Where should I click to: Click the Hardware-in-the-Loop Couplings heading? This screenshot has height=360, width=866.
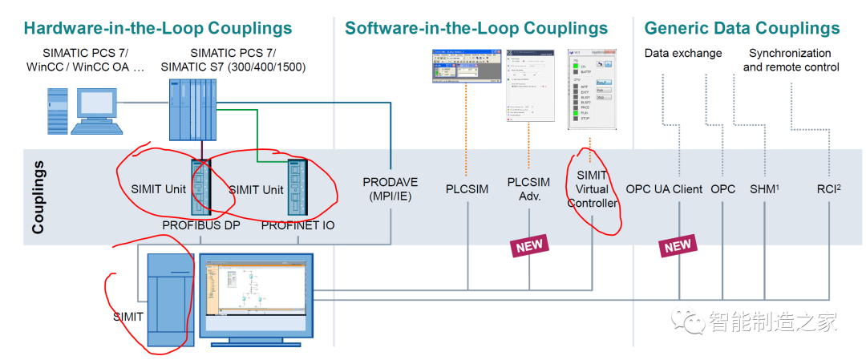pos(158,29)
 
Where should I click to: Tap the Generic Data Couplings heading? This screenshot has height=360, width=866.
pos(742,29)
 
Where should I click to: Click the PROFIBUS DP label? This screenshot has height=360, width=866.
pos(201,225)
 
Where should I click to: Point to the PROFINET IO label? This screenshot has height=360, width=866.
pos(298,225)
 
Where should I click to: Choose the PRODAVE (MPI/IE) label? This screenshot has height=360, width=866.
pos(391,189)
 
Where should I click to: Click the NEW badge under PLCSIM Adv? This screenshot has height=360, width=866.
pos(529,246)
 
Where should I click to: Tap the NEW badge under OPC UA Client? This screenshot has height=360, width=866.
pos(678,246)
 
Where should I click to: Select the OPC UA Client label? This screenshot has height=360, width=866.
pos(664,190)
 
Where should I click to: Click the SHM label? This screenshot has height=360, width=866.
pos(763,190)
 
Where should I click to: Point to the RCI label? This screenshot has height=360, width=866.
pos(828,190)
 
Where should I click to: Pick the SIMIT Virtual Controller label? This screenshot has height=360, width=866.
pos(592,190)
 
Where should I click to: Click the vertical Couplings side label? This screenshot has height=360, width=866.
pos(38,197)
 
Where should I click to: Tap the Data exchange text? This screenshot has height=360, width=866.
pos(683,54)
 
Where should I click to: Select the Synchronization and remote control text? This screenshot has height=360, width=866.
pos(791,60)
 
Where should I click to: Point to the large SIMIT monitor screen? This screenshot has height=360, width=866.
pos(254,297)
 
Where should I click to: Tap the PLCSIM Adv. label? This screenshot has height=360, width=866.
pos(528,190)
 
